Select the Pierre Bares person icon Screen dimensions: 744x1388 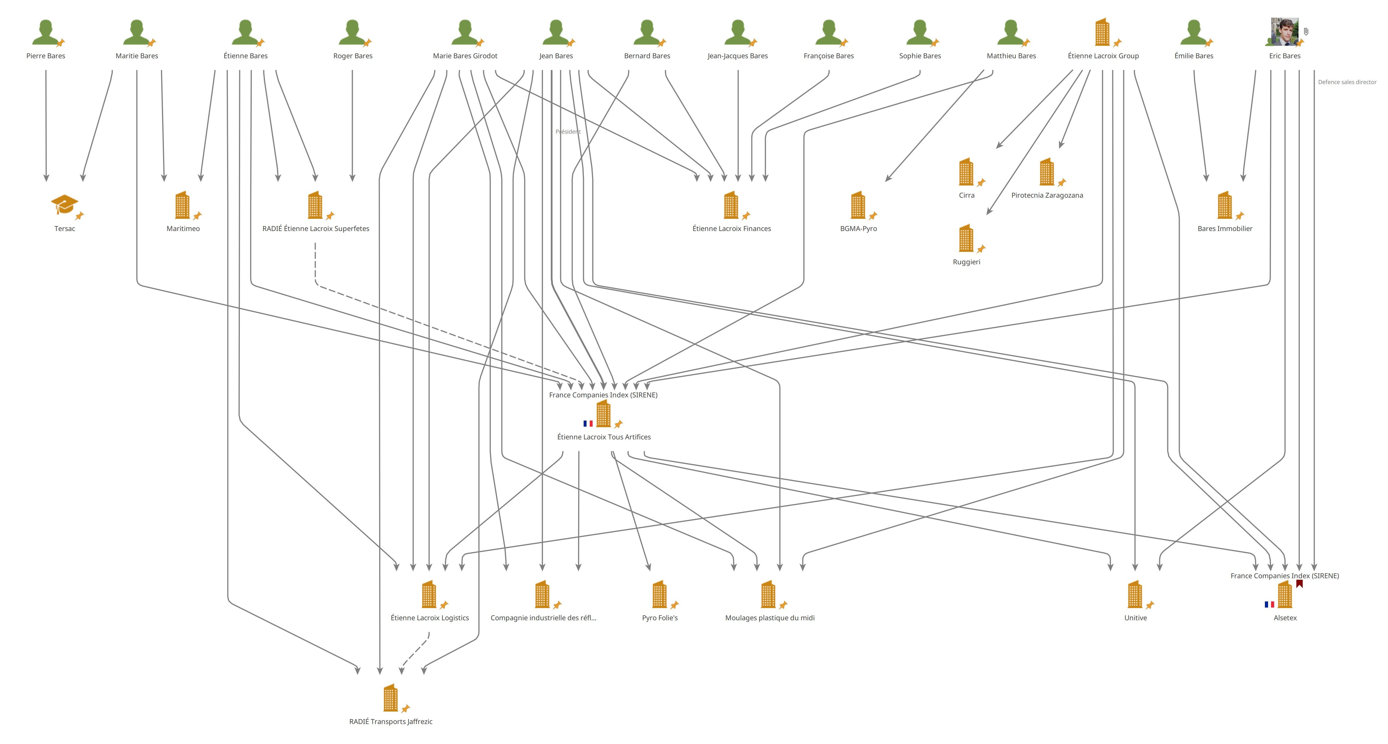coord(45,32)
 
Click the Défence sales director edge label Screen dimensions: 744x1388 coord(1347,82)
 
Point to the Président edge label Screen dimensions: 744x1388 coord(568,132)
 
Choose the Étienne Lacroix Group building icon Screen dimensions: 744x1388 coord(1102,32)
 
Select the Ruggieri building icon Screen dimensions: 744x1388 coord(966,238)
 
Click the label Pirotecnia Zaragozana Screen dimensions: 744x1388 coord(1047,195)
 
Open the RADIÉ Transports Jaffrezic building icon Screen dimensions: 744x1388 coord(390,698)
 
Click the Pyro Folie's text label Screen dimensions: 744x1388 coord(660,618)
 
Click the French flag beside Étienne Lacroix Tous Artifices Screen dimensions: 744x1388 coord(588,424)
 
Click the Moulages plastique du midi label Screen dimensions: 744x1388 coord(769,618)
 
